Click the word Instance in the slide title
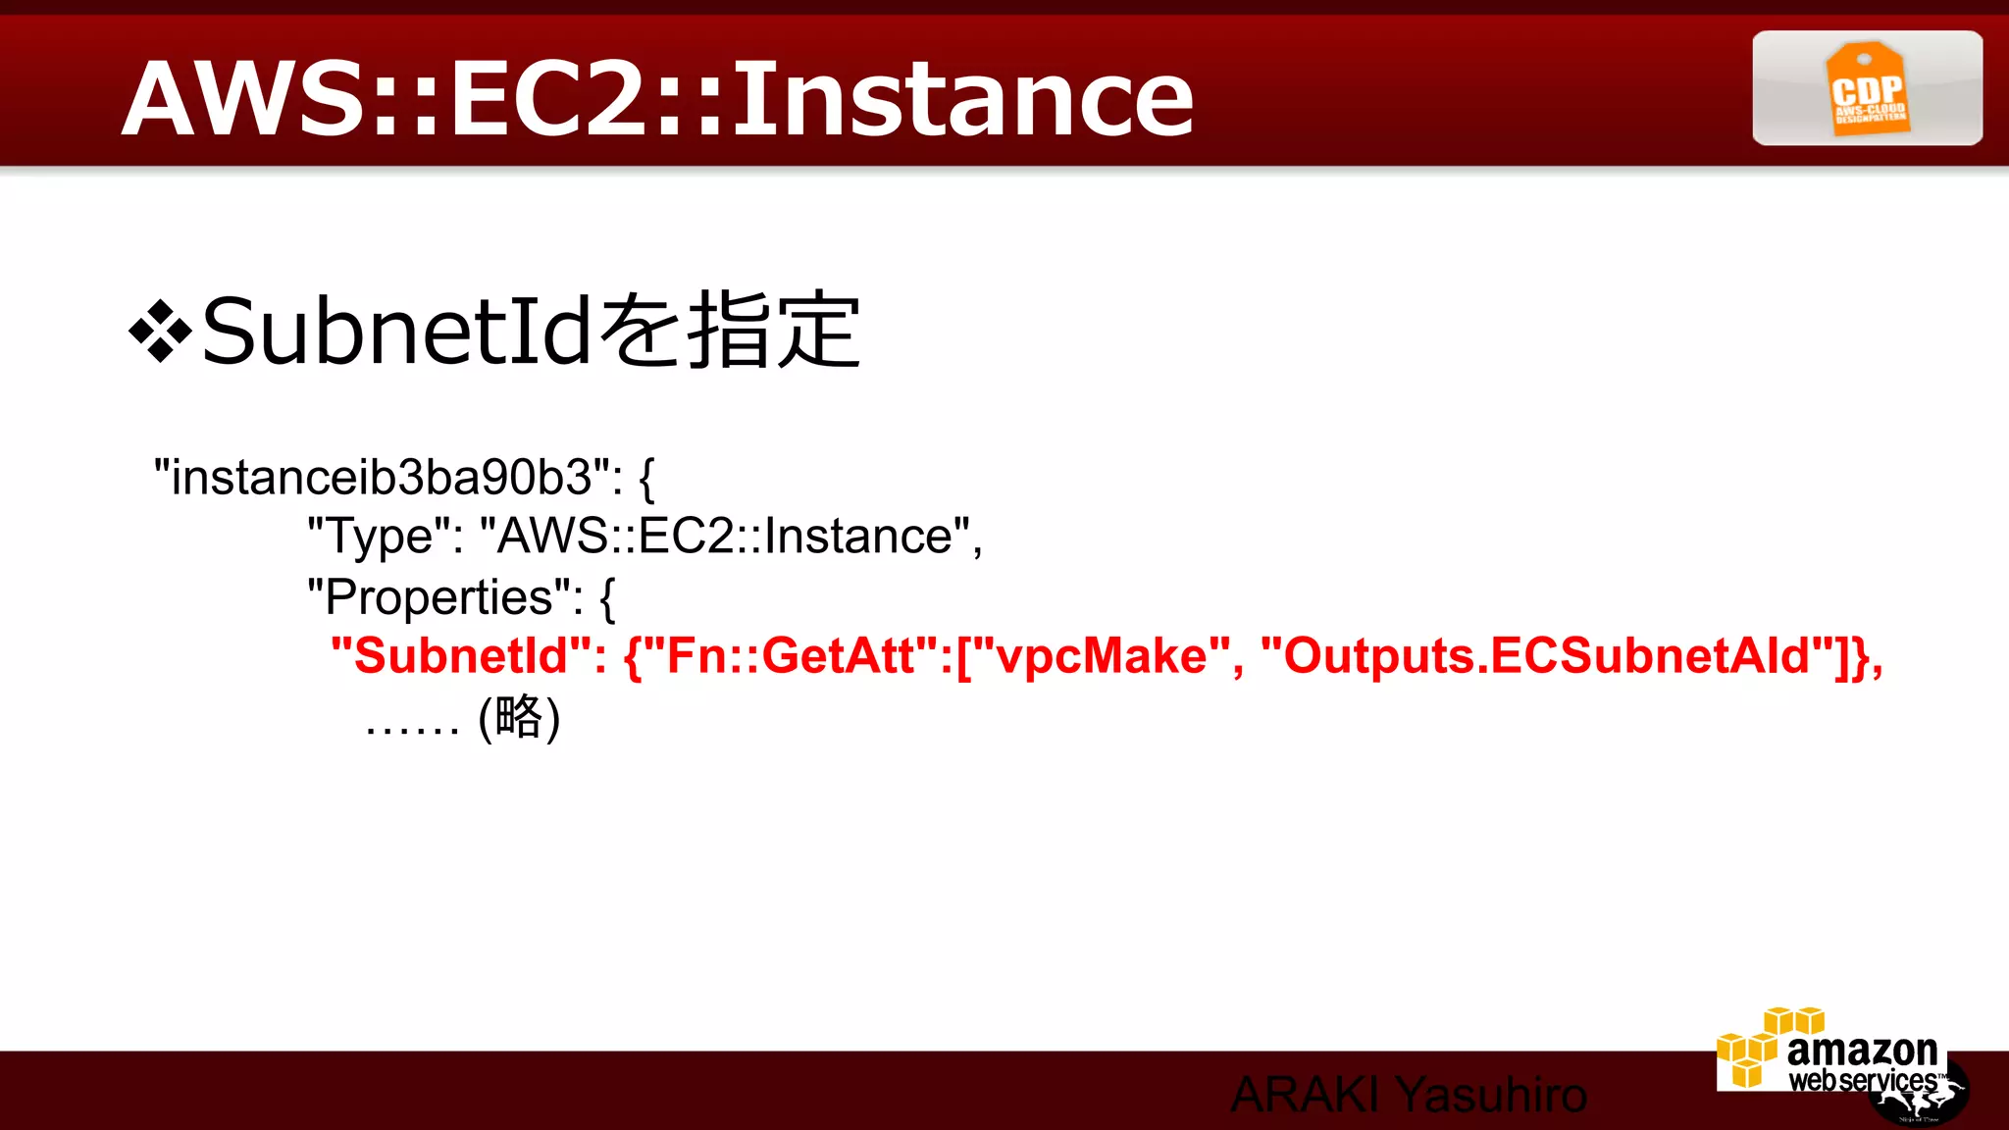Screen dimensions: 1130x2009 (963, 98)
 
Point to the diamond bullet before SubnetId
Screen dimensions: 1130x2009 (159, 332)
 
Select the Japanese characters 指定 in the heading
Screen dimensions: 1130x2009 (773, 332)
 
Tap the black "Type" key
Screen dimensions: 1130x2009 (384, 537)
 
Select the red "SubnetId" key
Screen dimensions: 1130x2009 (461, 655)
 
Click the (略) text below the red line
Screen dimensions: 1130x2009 (519, 717)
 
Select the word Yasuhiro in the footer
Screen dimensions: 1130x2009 (1491, 1095)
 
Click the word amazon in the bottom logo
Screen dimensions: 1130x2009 (1862, 1051)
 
